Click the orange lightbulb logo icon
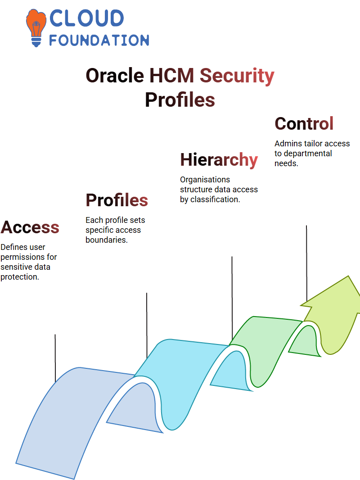click(36, 27)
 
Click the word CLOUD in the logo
click(86, 18)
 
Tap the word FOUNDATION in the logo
click(99, 40)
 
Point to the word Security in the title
click(237, 76)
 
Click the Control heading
click(304, 124)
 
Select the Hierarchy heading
click(219, 160)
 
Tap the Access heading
click(30, 227)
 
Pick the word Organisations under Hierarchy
click(205, 180)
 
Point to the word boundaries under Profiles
click(107, 240)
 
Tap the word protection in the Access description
click(20, 277)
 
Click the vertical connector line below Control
click(306, 263)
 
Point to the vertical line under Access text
click(55, 358)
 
